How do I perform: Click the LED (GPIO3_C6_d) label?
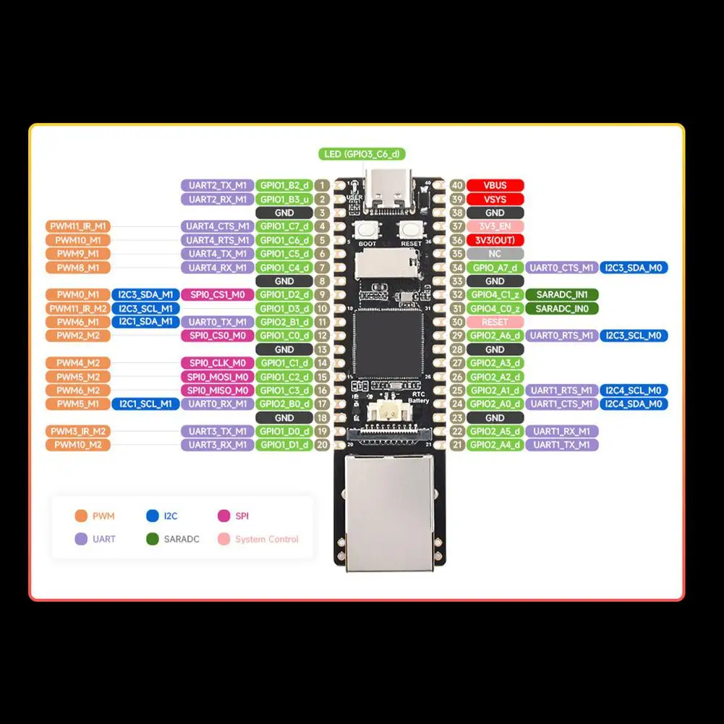(x=362, y=154)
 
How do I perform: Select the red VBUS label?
(x=495, y=186)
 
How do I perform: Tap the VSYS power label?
(x=495, y=200)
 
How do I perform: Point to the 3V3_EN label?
(x=495, y=226)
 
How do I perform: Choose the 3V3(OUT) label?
(x=495, y=240)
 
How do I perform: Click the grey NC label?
(x=495, y=254)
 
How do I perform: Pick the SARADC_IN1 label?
(x=562, y=294)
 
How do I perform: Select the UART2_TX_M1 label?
(x=217, y=186)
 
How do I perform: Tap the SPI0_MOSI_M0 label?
(x=217, y=377)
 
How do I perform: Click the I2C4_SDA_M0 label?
(x=634, y=404)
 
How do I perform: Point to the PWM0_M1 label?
(x=77, y=294)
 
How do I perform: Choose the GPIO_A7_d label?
(x=495, y=268)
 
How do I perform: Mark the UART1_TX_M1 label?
(x=562, y=445)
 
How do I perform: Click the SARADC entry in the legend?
(x=181, y=539)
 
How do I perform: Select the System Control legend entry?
(x=266, y=539)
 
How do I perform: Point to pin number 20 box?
(x=322, y=445)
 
